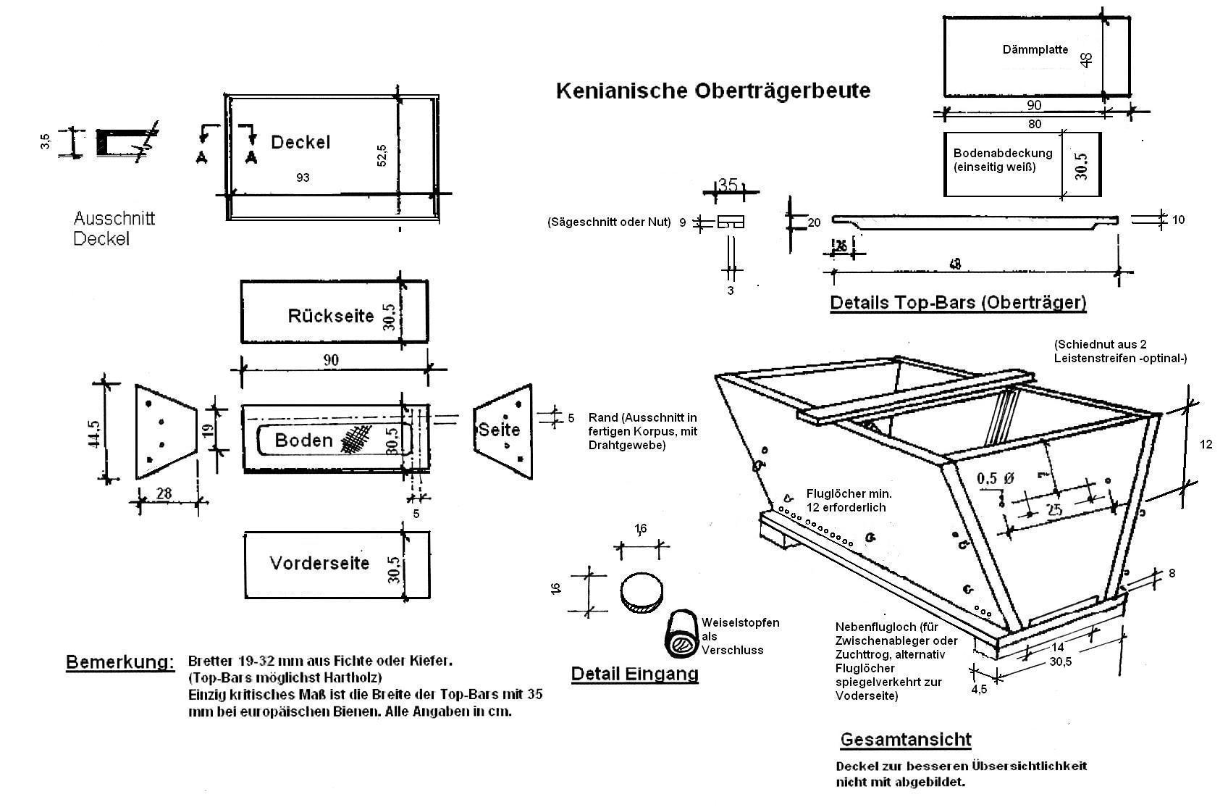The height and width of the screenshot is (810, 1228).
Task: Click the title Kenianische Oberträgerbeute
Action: click(x=712, y=91)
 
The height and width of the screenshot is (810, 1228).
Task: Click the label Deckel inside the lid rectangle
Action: click(x=300, y=142)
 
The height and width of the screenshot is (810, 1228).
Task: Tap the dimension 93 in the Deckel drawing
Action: click(x=303, y=178)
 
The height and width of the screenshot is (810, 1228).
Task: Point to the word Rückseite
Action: click(x=330, y=316)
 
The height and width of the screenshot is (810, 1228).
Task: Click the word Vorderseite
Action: click(x=319, y=563)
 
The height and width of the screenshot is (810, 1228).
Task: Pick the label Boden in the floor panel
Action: click(x=303, y=440)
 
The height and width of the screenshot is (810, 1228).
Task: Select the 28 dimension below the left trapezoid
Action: click(x=164, y=493)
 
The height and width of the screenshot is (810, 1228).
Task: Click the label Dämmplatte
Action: click(x=1035, y=50)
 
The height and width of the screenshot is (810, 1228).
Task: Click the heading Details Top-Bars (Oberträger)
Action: click(x=958, y=302)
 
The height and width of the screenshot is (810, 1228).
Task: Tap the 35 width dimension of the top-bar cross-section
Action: click(x=728, y=185)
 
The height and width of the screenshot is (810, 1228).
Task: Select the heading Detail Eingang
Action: click(x=634, y=674)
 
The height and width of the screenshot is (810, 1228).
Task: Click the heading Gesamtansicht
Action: click(x=905, y=740)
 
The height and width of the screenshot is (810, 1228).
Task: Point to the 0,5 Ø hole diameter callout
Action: click(x=996, y=479)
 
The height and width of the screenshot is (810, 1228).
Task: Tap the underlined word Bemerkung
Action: click(x=120, y=662)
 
